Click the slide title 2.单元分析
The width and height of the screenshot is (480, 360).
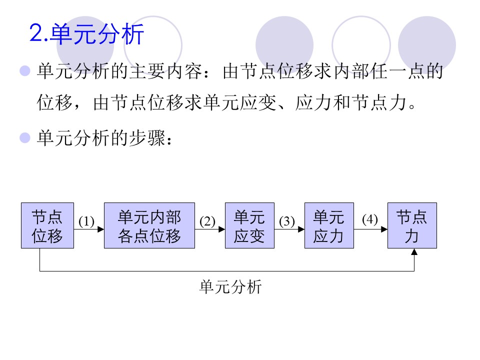(87, 34)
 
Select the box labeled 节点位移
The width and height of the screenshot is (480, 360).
(47, 225)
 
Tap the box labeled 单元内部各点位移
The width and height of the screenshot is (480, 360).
(149, 225)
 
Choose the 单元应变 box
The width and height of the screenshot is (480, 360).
(249, 225)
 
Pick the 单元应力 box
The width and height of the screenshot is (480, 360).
(329, 225)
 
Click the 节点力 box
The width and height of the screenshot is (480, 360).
(412, 225)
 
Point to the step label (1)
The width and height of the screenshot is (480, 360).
(86, 220)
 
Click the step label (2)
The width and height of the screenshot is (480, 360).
(207, 220)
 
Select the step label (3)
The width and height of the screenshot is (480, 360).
(287, 220)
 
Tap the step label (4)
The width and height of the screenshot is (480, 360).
(370, 219)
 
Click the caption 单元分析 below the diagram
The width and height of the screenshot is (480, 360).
(230, 287)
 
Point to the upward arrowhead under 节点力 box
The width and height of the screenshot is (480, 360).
(414, 252)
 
